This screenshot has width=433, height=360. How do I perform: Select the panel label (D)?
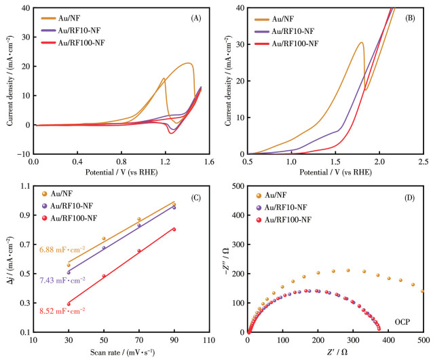411,198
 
